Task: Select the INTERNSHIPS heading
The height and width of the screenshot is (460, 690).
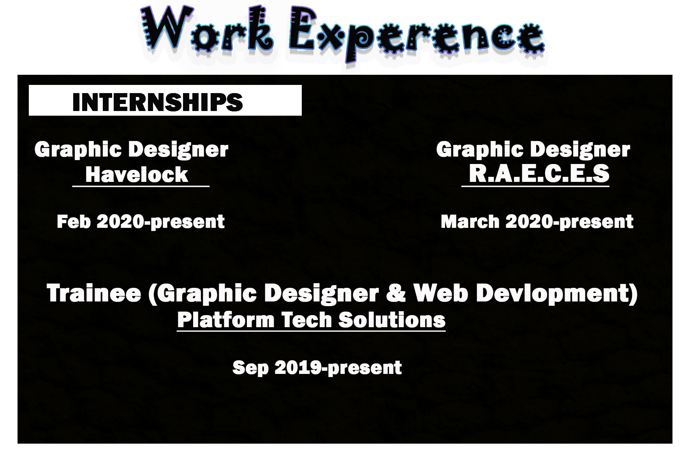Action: tap(158, 102)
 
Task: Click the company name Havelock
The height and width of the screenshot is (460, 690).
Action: tap(137, 174)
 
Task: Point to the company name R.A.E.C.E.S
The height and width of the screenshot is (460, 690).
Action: tap(539, 173)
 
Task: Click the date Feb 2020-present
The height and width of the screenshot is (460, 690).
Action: tap(141, 222)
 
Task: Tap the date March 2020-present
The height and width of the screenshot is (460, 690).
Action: tap(537, 222)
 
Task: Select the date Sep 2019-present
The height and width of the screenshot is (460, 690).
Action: tap(317, 367)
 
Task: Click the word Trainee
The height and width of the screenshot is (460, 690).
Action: tap(94, 293)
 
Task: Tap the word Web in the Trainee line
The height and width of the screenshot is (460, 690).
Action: tap(440, 293)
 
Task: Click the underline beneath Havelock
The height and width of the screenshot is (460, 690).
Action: tap(141, 186)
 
